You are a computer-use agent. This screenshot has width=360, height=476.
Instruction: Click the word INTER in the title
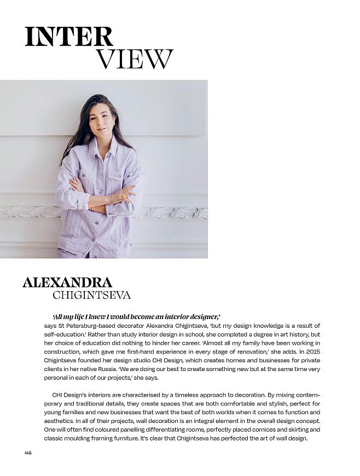(69, 37)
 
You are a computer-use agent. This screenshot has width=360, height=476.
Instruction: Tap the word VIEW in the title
(135, 59)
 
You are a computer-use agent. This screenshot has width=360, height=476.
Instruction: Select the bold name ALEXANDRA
(67, 282)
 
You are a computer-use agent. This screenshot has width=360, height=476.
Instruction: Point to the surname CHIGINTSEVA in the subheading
(91, 295)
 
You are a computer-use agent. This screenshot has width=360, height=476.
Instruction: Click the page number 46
(28, 452)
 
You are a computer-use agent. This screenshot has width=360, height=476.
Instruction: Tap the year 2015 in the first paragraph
(310, 351)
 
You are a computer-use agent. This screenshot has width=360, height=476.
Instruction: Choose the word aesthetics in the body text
(61, 421)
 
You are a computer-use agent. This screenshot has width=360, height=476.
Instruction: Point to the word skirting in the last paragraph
(298, 429)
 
